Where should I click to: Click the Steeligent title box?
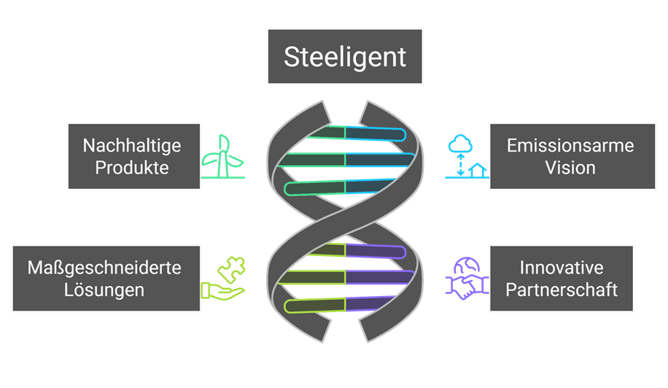pyautogui.click(x=344, y=57)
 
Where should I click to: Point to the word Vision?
pyautogui.click(x=570, y=168)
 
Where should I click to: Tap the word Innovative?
pyautogui.click(x=562, y=267)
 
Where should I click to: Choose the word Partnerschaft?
pyautogui.click(x=562, y=290)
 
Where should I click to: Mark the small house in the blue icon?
pyautogui.click(x=478, y=171)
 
